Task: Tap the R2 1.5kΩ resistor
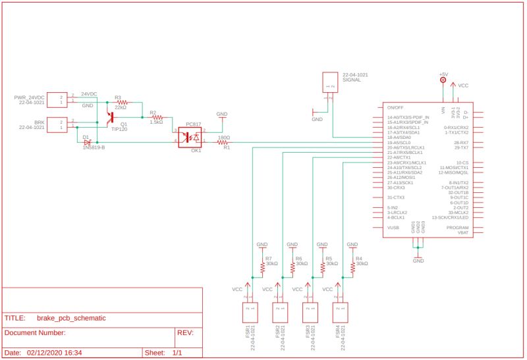(156, 116)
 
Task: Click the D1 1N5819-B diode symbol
(87, 141)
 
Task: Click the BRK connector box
(57, 124)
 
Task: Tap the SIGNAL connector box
(329, 82)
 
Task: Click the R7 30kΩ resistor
(262, 267)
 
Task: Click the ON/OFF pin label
(395, 107)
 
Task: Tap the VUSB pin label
(393, 228)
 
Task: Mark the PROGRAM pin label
(457, 228)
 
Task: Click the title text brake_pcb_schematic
(71, 317)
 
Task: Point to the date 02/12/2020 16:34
(54, 353)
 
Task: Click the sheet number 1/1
(177, 353)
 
